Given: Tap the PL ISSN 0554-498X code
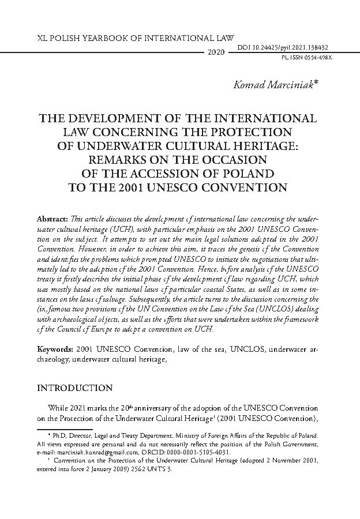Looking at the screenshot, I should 308,58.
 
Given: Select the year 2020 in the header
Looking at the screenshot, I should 215,52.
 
